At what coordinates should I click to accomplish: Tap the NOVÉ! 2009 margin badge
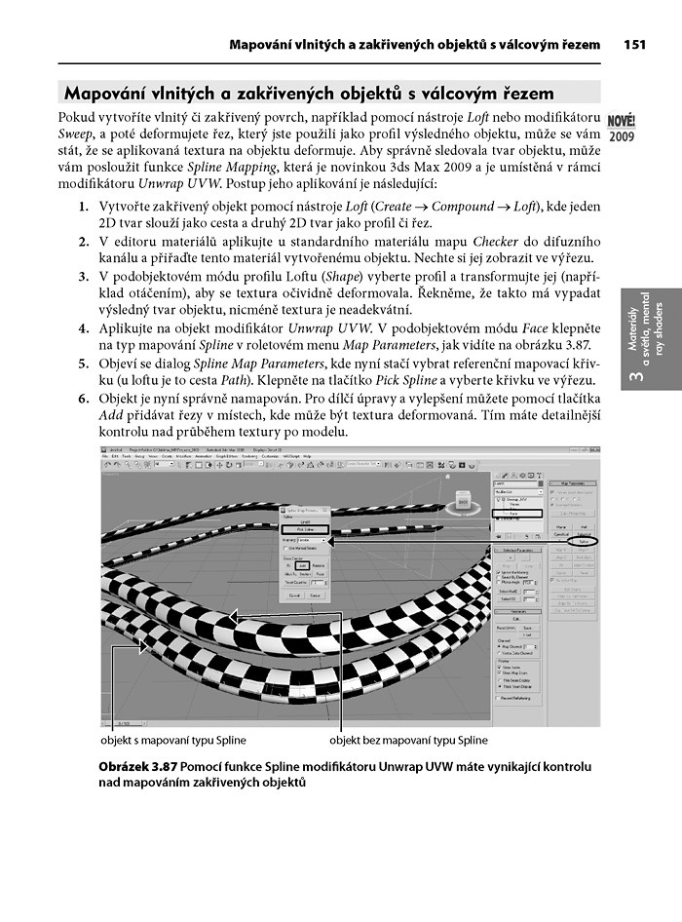point(622,128)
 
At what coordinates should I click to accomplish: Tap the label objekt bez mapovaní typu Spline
point(414,741)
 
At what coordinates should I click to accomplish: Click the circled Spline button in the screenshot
point(583,540)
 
